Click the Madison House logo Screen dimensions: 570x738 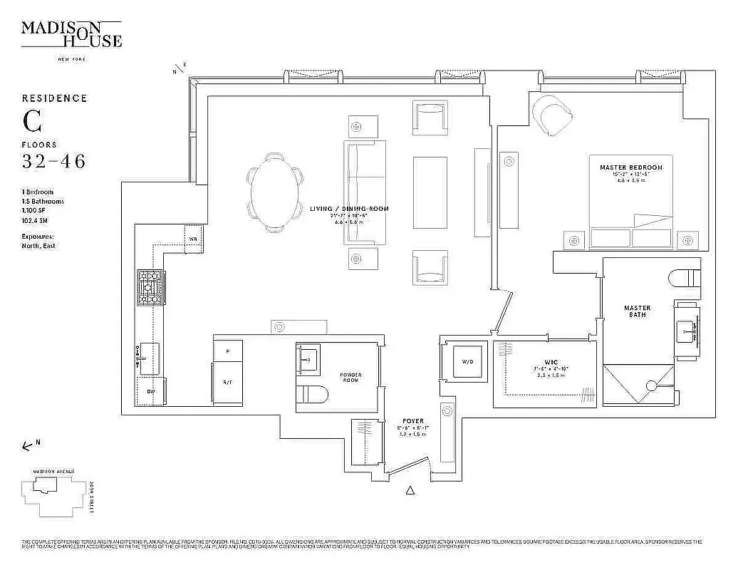click(71, 34)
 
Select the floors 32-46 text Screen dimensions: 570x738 click(53, 162)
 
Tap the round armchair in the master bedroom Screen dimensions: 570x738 click(552, 113)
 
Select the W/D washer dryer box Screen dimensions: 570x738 click(467, 362)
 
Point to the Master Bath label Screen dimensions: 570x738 click(637, 311)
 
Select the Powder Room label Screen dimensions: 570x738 click(350, 378)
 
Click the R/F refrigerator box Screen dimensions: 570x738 click(228, 383)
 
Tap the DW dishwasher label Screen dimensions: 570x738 click(150, 391)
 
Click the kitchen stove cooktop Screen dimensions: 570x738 click(150, 286)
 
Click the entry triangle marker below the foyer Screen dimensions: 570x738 click(410, 490)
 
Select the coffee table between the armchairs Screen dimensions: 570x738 click(430, 192)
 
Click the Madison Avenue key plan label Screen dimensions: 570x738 click(53, 472)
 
